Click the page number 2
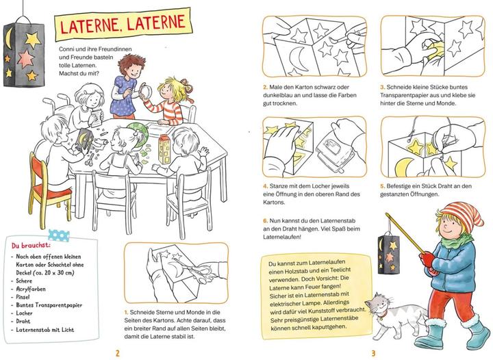(119, 352)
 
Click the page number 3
(373, 352)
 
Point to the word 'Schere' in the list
(26, 281)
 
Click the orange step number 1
(127, 312)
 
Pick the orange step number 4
(265, 185)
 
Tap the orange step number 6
(265, 221)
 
